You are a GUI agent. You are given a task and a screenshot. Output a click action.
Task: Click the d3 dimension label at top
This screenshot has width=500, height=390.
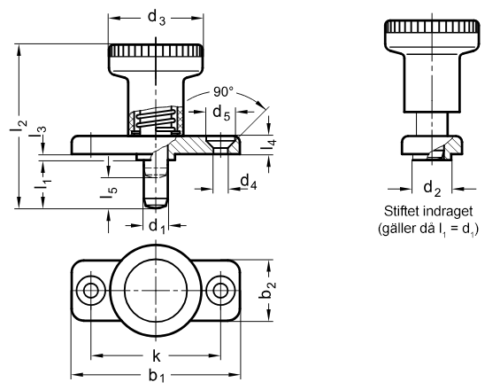pyautogui.click(x=157, y=18)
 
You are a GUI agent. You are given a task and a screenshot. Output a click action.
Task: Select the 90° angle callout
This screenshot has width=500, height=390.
pyautogui.click(x=223, y=92)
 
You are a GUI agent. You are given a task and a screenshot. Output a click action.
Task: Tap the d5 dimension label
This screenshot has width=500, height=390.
pyautogui.click(x=221, y=113)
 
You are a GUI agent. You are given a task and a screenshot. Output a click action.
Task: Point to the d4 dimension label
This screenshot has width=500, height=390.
pyautogui.click(x=249, y=183)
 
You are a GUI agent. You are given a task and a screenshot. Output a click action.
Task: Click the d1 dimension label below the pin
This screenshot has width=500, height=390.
pyautogui.click(x=157, y=226)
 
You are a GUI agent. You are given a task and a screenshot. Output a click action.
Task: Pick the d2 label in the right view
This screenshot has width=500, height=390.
pyautogui.click(x=432, y=189)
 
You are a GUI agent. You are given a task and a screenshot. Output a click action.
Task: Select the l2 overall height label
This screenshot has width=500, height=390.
pyautogui.click(x=19, y=127)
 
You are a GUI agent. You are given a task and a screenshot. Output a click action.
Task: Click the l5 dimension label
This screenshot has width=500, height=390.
pyautogui.click(x=109, y=191)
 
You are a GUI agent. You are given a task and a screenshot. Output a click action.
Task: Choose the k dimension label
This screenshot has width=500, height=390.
pyautogui.click(x=157, y=356)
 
